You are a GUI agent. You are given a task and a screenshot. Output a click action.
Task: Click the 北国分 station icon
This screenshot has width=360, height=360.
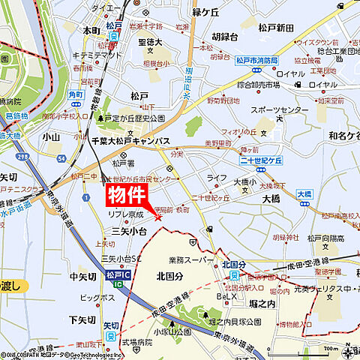(x=234, y=275)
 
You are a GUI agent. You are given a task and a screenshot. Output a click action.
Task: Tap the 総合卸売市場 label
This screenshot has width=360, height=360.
(x=259, y=85)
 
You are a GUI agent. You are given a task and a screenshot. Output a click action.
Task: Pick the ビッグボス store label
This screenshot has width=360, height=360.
(x=97, y=298)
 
